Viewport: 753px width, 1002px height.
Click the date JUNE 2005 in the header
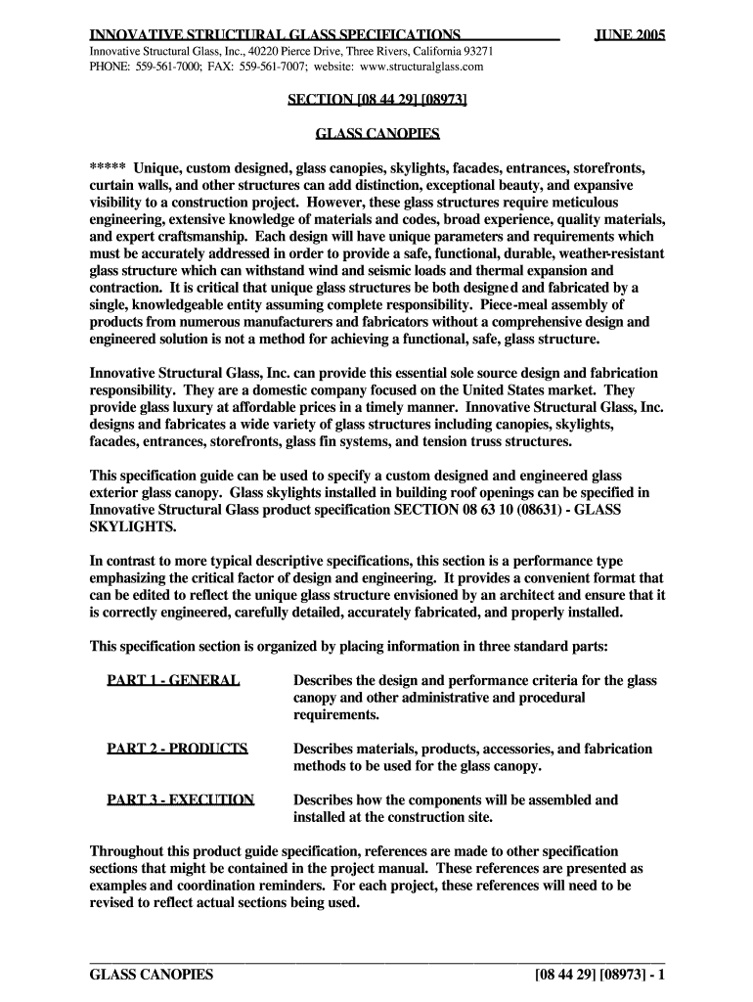click(x=630, y=36)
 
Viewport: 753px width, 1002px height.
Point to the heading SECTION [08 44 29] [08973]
click(x=376, y=100)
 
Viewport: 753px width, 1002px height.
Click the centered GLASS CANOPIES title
click(x=376, y=133)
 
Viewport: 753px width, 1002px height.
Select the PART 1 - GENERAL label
click(x=173, y=680)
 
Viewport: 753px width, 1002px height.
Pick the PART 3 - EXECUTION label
click(x=181, y=799)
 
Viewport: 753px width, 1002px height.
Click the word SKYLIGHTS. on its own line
click(x=133, y=527)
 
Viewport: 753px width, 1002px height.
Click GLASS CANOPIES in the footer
click(x=151, y=976)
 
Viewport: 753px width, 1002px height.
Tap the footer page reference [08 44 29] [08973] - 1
click(x=599, y=976)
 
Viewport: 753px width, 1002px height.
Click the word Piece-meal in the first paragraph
click(x=553, y=303)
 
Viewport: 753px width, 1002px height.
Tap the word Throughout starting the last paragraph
click(x=128, y=851)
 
